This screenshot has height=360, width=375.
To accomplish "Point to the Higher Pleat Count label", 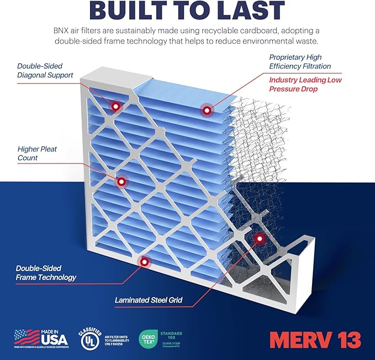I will click(x=37, y=153).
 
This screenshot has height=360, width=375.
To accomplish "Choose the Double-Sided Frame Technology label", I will click(x=46, y=272).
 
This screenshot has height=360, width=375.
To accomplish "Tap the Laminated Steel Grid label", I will click(x=148, y=301).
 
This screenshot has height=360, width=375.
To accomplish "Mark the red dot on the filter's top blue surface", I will click(x=207, y=110).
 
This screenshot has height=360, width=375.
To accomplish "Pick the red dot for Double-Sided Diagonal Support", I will click(x=116, y=105).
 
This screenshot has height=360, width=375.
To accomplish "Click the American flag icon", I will click(x=26, y=337).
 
